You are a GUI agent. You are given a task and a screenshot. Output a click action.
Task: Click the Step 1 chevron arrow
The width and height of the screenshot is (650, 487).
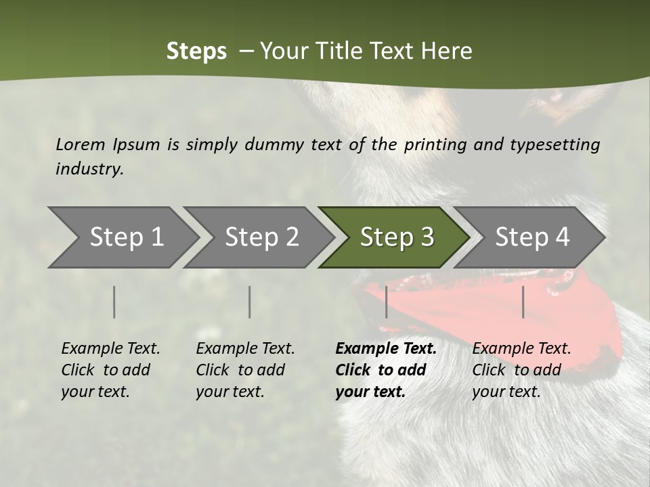click(x=125, y=237)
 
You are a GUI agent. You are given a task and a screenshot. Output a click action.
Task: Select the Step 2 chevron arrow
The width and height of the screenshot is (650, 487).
click(x=261, y=237)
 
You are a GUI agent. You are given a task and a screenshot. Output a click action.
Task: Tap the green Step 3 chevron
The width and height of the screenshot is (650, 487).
click(x=396, y=237)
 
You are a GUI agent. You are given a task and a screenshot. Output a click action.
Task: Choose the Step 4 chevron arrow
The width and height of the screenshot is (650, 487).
click(x=532, y=237)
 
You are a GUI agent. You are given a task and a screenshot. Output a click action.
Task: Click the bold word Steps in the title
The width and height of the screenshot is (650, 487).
click(x=196, y=51)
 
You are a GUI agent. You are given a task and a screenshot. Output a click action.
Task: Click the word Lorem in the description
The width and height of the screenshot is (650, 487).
click(x=81, y=144)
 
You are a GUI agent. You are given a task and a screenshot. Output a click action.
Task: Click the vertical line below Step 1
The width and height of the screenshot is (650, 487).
click(x=114, y=302)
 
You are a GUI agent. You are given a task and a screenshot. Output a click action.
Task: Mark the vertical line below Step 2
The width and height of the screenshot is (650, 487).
click(x=250, y=302)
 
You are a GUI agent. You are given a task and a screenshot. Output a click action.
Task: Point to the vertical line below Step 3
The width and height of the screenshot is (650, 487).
click(x=386, y=302)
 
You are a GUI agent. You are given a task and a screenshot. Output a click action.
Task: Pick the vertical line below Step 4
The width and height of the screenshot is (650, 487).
click(x=523, y=302)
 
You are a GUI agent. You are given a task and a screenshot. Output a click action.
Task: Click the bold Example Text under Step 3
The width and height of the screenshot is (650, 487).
click(x=386, y=349)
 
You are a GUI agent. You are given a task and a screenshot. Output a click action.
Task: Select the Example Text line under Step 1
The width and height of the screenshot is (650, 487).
click(x=110, y=349)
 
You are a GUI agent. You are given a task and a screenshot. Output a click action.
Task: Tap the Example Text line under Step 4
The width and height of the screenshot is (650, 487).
click(x=521, y=349)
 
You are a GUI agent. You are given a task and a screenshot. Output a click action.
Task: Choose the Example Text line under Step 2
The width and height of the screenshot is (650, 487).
click(x=245, y=349)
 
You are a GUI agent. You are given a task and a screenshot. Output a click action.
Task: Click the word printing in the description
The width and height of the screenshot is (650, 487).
click(x=434, y=144)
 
